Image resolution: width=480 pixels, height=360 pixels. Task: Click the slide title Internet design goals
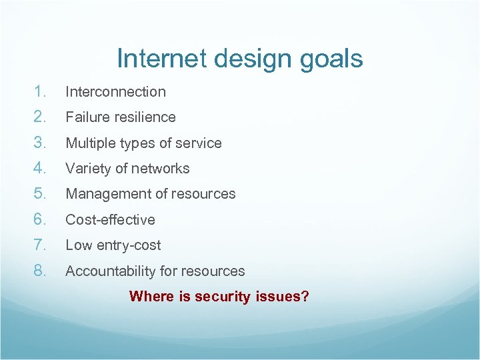pos(239,59)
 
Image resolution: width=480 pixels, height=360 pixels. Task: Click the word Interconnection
pos(115,92)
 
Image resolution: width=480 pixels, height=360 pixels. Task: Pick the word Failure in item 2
pos(85,117)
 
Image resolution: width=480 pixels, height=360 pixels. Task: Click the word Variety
pos(87,169)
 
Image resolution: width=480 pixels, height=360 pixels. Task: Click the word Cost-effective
pos(110,220)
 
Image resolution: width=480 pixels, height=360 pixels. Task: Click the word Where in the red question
pos(151,296)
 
